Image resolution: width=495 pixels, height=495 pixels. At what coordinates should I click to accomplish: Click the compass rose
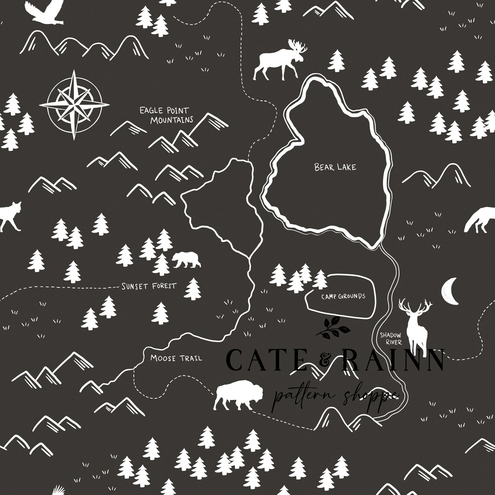pyautogui.click(x=74, y=105)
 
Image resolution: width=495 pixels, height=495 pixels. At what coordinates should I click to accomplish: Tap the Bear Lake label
pyautogui.click(x=335, y=167)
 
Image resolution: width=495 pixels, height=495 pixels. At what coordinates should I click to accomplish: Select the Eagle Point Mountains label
pyautogui.click(x=166, y=115)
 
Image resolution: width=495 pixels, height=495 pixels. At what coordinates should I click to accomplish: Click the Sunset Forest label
pyautogui.click(x=148, y=286)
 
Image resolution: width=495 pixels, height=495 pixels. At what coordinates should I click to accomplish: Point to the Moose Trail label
pyautogui.click(x=176, y=358)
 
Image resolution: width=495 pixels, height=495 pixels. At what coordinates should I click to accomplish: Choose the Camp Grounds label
pyautogui.click(x=343, y=297)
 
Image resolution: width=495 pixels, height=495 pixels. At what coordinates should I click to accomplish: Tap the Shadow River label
pyautogui.click(x=390, y=338)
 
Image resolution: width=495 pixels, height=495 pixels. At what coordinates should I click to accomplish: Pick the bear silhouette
pyautogui.click(x=186, y=259)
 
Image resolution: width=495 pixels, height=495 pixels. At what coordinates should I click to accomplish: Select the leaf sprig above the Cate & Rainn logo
pyautogui.click(x=333, y=328)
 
